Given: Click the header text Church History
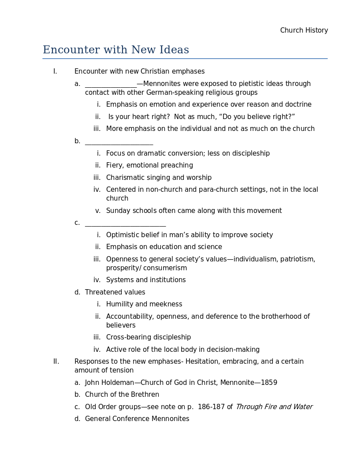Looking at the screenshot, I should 304,30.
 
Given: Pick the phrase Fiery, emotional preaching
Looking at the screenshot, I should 149,165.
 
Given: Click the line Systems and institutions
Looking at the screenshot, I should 146,280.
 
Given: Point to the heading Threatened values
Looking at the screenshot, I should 115,292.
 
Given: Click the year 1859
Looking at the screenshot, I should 269,383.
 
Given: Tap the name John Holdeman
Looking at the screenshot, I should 109,383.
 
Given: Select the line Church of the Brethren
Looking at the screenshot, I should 122,395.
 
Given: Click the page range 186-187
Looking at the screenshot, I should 211,407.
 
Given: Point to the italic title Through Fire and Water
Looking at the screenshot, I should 274,407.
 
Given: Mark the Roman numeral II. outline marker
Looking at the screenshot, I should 56,362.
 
